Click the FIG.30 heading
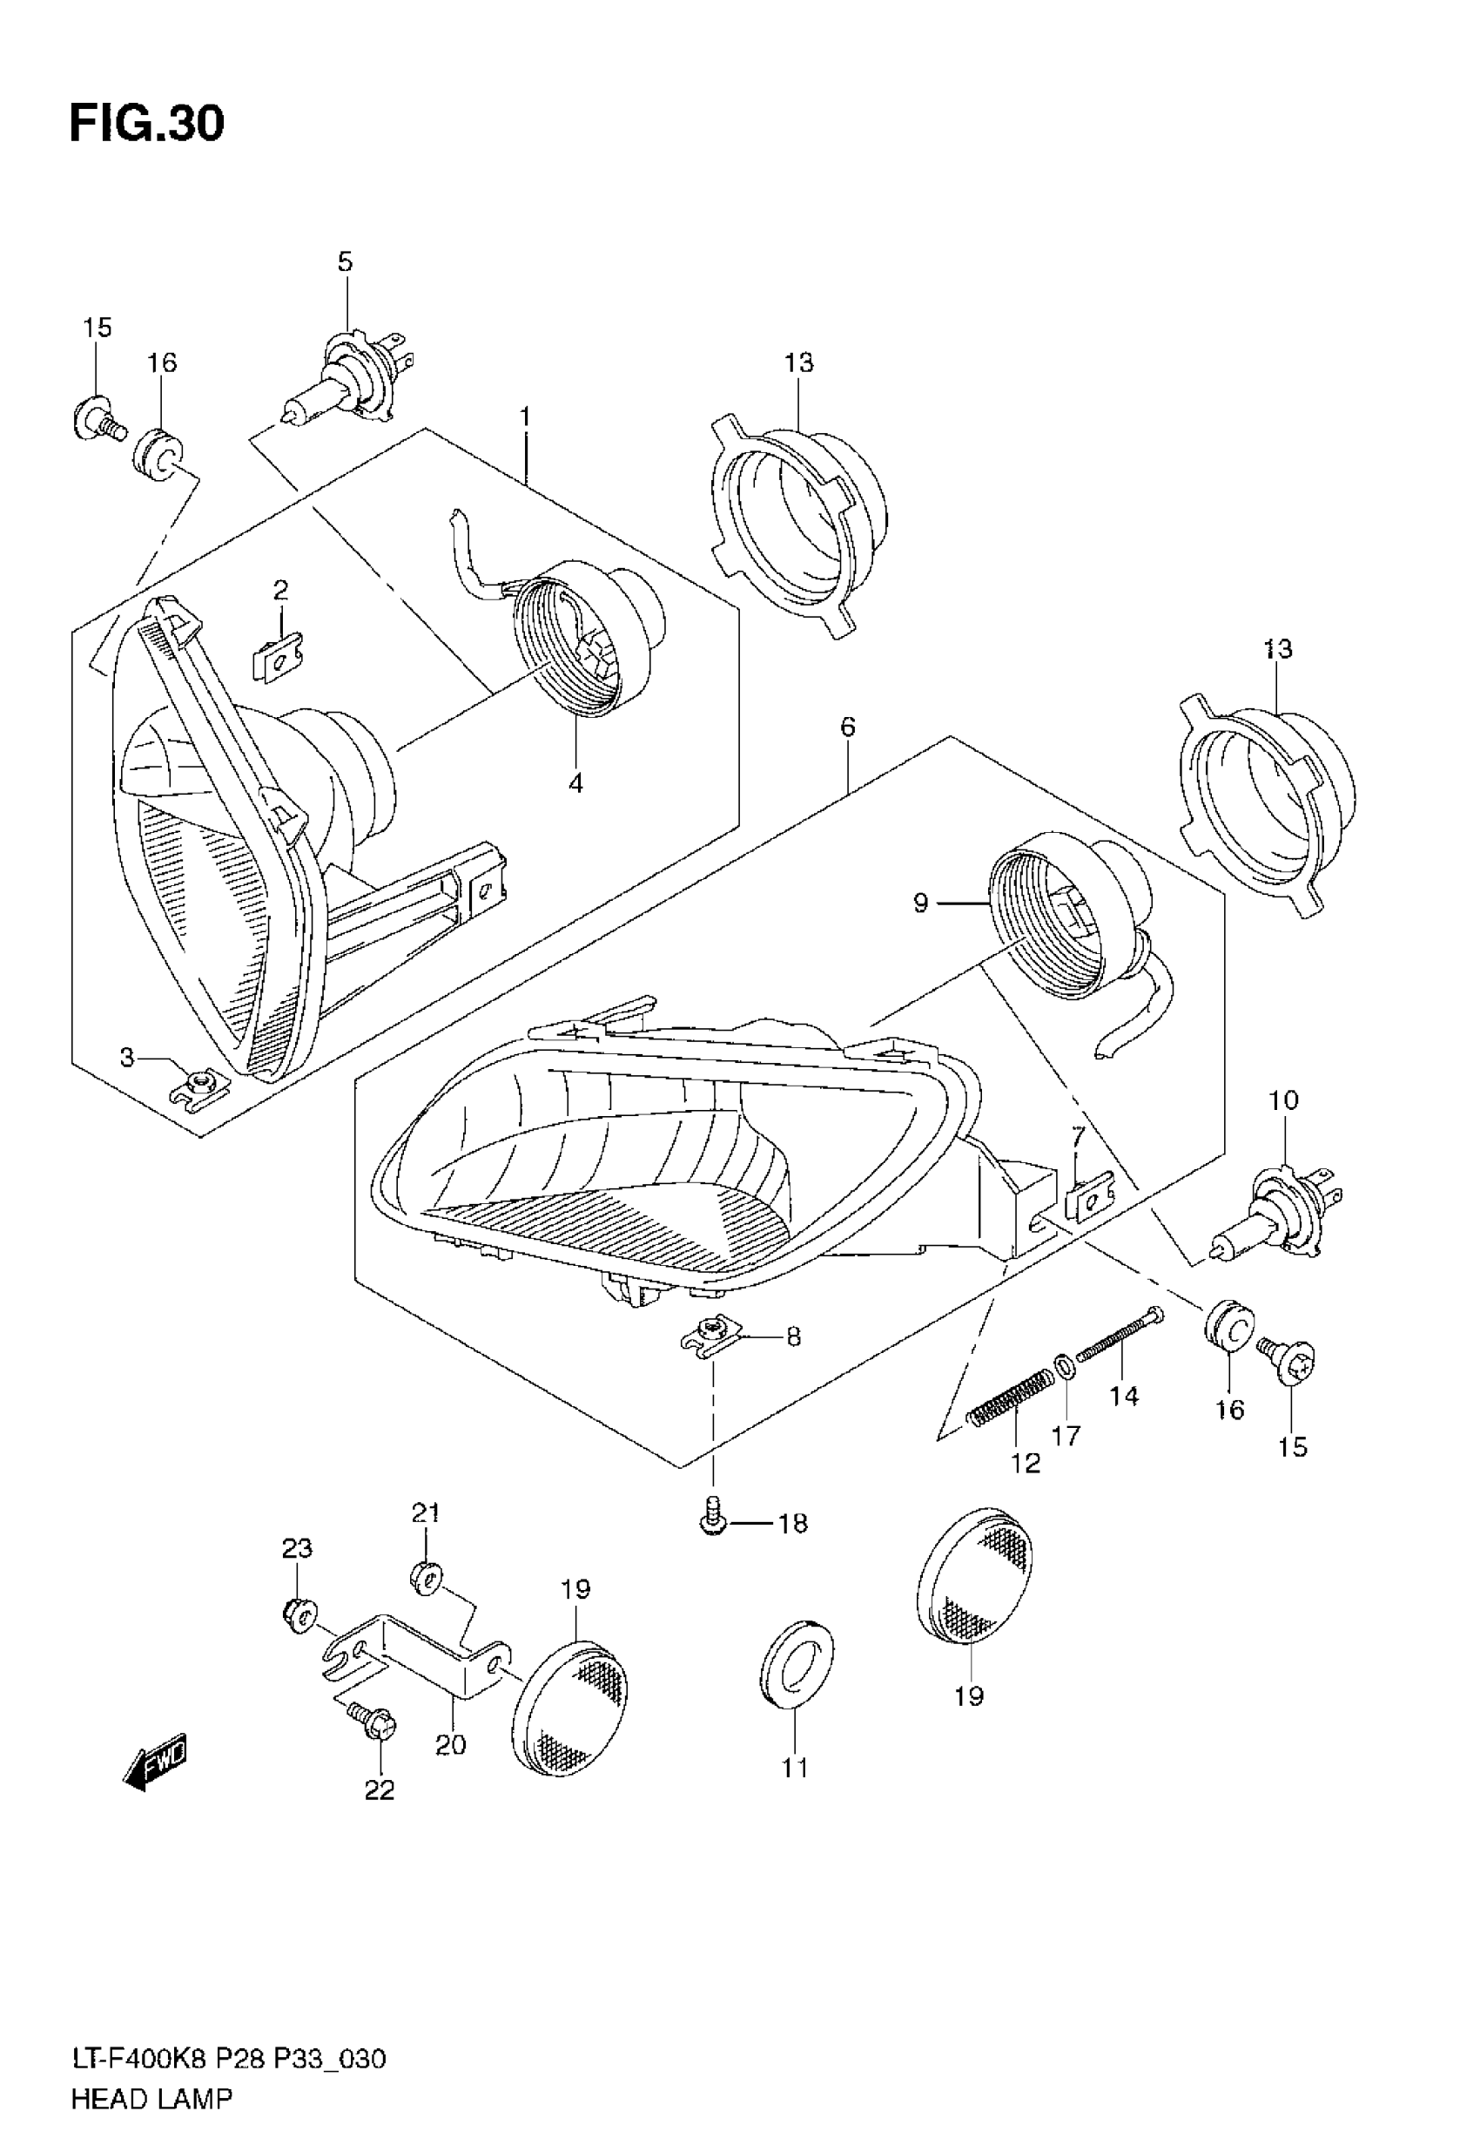click(x=146, y=124)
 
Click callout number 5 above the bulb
click(x=345, y=261)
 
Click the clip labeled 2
click(x=279, y=657)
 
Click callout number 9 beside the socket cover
click(x=920, y=903)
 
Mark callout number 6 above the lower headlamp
click(x=848, y=727)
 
